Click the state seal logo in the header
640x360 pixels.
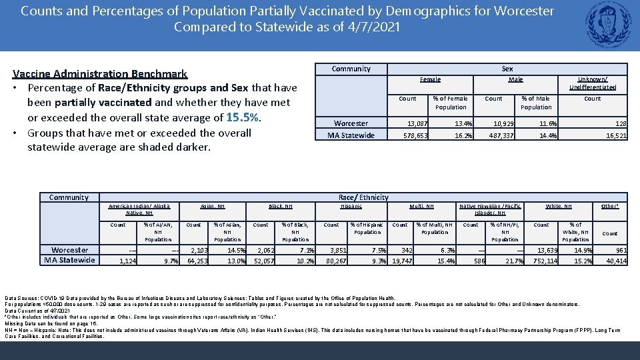[609, 25]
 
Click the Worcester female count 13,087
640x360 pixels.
[417, 124]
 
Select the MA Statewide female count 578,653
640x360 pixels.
[417, 136]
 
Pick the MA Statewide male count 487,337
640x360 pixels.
[501, 136]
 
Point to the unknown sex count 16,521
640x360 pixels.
[615, 136]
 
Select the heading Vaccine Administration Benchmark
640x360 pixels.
[101, 74]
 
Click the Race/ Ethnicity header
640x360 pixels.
[363, 197]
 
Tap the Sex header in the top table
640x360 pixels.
[507, 69]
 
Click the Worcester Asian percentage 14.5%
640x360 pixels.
[236, 250]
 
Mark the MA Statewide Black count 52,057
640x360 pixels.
[264, 261]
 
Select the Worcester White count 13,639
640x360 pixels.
[548, 250]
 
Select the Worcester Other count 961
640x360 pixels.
[619, 250]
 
